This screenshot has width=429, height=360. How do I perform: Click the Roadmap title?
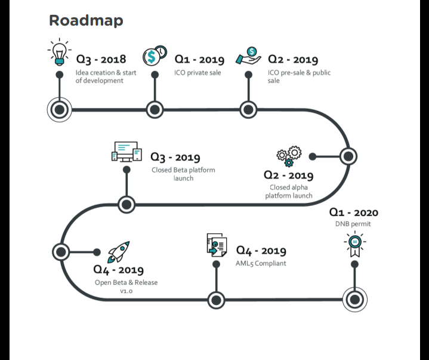click(86, 20)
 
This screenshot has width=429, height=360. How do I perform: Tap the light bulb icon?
click(59, 52)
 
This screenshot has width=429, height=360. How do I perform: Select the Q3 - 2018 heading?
click(101, 59)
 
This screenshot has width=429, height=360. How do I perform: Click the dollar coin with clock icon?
click(155, 55)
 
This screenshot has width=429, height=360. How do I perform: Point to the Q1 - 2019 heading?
click(199, 59)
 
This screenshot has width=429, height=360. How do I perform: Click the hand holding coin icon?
click(248, 55)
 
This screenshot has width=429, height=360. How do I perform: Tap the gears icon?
click(289, 156)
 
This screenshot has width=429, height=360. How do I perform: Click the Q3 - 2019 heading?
click(175, 157)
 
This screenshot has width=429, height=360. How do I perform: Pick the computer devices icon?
click(126, 152)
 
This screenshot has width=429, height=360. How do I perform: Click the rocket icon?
click(118, 252)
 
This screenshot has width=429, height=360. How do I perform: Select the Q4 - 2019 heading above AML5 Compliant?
click(261, 251)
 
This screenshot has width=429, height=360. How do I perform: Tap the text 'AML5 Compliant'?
click(261, 263)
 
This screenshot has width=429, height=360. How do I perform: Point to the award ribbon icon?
click(354, 244)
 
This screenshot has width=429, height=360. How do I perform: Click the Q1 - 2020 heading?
click(353, 212)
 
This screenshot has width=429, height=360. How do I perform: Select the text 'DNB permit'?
click(353, 224)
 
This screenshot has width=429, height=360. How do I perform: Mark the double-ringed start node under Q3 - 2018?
click(59, 109)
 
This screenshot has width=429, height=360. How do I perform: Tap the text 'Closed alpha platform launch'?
click(289, 191)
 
